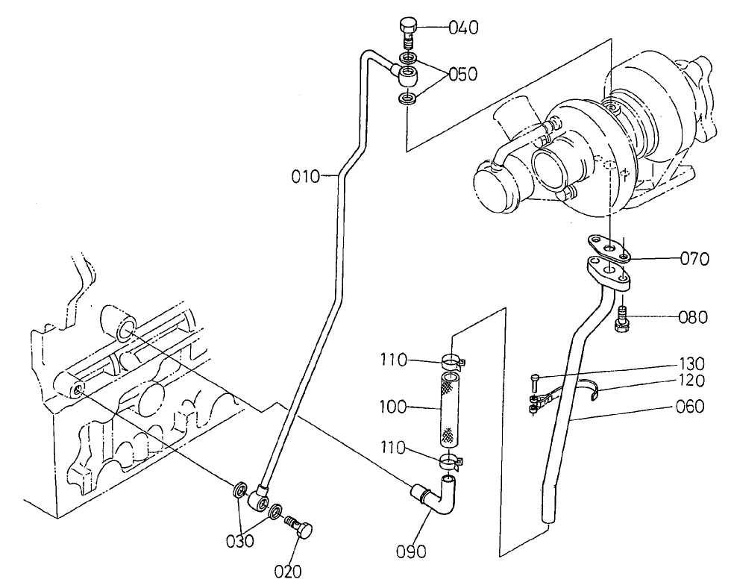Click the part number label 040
point(463,28)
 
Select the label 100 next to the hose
point(392,407)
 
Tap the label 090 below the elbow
point(412,552)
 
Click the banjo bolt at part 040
point(408,29)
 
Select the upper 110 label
point(392,360)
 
